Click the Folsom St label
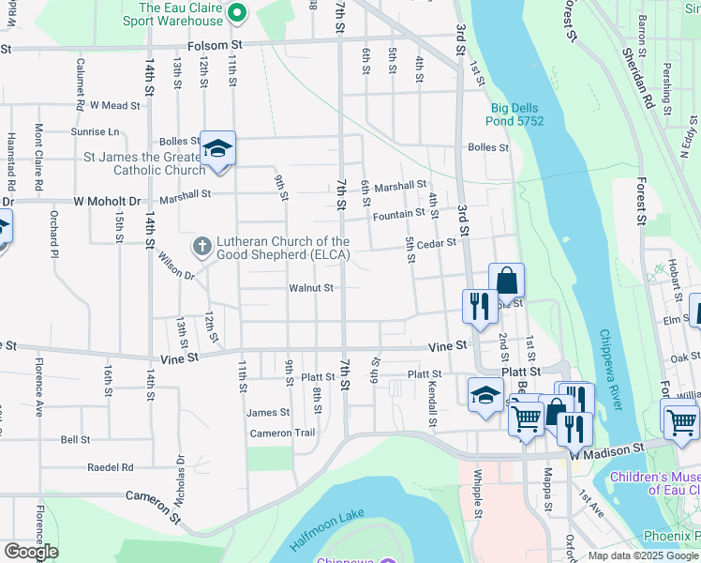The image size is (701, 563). [x=215, y=44]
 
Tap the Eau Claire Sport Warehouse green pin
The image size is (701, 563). [x=237, y=13]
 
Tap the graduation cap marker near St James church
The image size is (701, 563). [x=217, y=149]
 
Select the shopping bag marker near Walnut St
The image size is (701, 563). [x=506, y=281]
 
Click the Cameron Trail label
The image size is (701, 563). [x=282, y=434]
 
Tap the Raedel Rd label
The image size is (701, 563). [x=110, y=466]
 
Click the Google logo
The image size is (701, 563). [x=30, y=552]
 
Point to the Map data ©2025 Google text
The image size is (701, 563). [x=642, y=555]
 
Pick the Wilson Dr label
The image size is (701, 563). [x=175, y=268]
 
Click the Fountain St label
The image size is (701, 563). [x=398, y=215]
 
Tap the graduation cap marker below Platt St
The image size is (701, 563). [x=485, y=394]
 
